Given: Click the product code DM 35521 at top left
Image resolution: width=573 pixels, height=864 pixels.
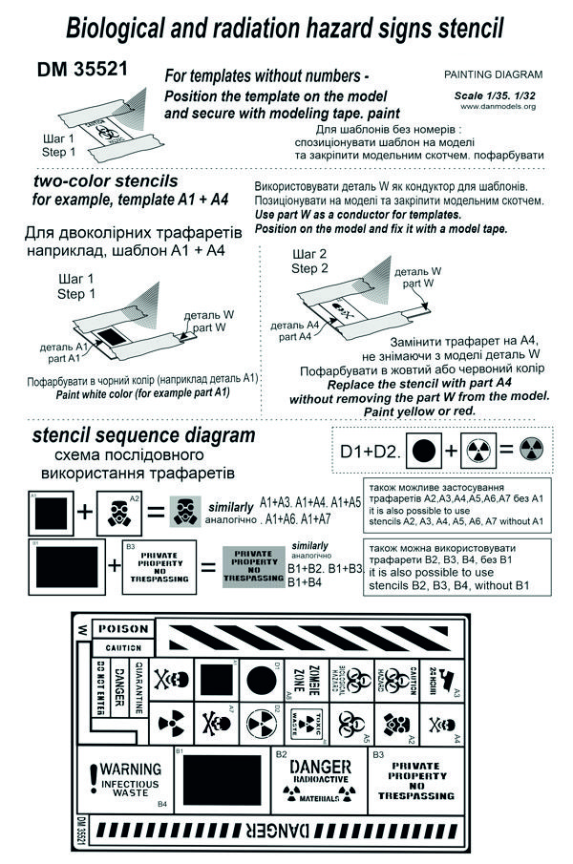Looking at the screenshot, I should click(83, 71).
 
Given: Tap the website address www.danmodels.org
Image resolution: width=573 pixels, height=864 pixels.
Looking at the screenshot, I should click(509, 106).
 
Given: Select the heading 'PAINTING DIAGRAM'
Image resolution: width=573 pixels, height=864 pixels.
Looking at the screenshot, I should click(494, 74).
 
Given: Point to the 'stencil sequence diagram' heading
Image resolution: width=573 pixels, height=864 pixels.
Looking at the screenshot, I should click(143, 435).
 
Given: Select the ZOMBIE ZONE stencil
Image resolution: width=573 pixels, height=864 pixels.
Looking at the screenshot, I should click(300, 682).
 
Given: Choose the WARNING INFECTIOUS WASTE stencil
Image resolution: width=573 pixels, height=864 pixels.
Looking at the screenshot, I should click(125, 779).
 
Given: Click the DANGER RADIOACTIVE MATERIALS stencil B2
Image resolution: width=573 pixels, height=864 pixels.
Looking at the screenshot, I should click(320, 779).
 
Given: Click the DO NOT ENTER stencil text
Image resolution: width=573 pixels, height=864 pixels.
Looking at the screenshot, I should click(100, 687).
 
